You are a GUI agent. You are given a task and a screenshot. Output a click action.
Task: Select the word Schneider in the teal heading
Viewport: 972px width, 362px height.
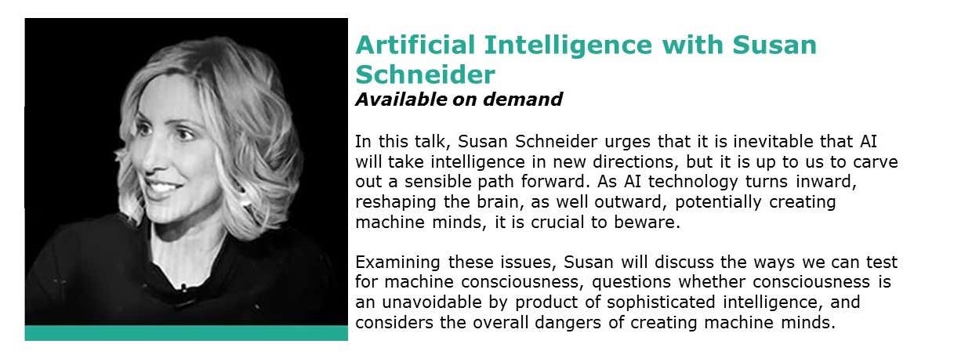point(425,74)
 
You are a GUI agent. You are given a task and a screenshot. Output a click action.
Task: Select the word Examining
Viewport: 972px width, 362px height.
point(397,262)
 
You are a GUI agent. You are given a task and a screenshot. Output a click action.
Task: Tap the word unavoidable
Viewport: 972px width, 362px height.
point(431,302)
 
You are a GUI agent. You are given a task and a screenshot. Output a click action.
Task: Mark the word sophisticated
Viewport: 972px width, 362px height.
point(661,303)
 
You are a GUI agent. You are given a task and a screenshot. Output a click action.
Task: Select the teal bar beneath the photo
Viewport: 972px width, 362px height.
point(186,333)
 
